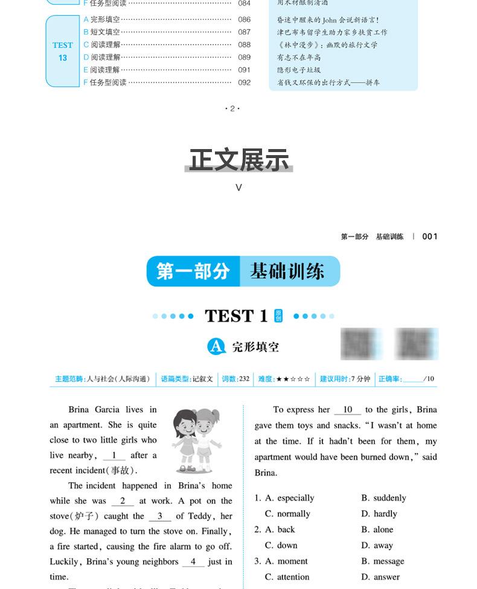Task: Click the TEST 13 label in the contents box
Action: pos(62,51)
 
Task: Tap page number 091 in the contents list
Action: pos(244,70)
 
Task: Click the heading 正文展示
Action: pos(239,160)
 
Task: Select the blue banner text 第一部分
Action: pos(193,272)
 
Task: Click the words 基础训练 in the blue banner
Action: pos(287,272)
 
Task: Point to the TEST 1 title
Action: pos(236,316)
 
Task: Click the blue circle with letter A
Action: pos(217,346)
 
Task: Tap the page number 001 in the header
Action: pos(430,237)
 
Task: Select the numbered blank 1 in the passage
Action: pos(114,456)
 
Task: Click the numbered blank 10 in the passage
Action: pos(347,410)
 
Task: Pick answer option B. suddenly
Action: pos(383,498)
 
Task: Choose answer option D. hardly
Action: pos(379,514)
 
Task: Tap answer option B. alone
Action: pos(377,529)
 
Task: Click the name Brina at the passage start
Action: pos(79,410)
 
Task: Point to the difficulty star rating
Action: pos(293,379)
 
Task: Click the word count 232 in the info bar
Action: pos(244,379)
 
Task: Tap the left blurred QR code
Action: pos(358,344)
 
